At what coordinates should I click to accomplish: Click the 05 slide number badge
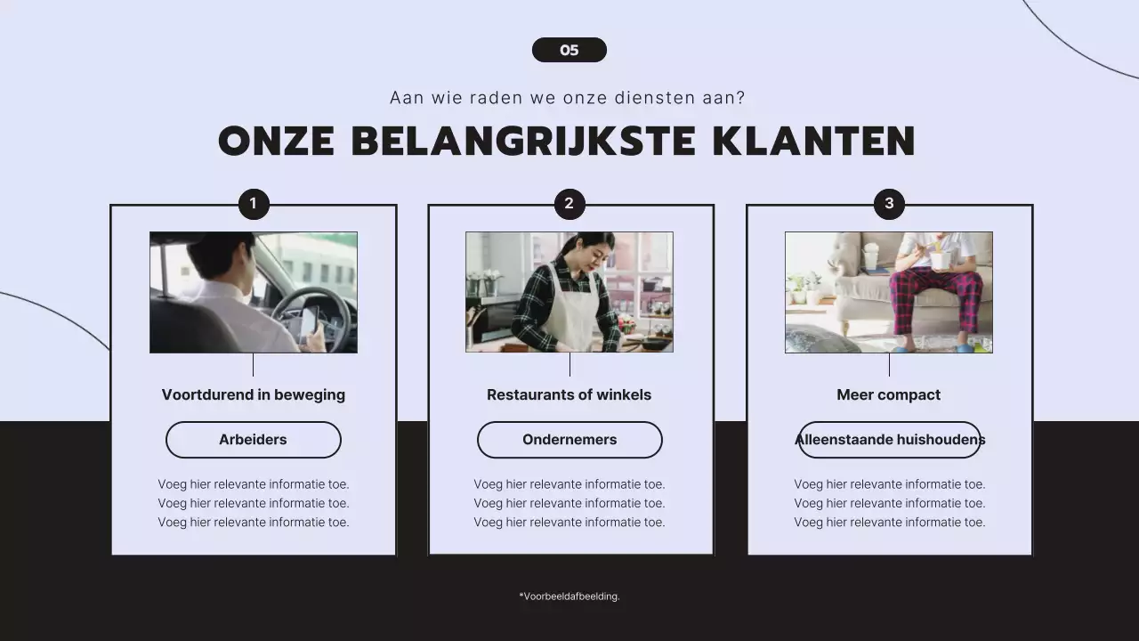[569, 50]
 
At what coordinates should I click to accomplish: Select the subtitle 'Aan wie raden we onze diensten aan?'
[568, 98]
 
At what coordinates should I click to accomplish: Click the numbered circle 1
[254, 204]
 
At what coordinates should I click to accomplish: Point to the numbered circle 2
[569, 204]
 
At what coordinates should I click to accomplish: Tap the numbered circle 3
[889, 204]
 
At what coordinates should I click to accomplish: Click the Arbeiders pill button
[254, 440]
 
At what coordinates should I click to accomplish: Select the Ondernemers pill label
[569, 440]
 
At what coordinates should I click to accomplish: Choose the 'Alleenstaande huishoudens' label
[890, 440]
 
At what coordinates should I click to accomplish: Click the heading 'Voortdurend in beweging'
[254, 394]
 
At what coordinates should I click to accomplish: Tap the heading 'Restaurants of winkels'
[569, 394]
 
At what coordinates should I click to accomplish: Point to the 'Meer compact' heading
[889, 394]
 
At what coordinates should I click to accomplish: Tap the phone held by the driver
[309, 320]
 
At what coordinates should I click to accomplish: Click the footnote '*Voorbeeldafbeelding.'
[569, 596]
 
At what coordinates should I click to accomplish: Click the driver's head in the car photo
[214, 254]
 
